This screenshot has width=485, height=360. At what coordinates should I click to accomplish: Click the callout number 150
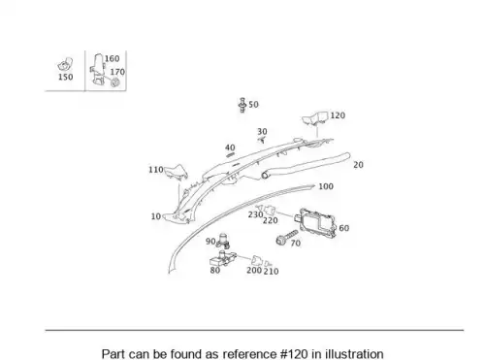pyautogui.click(x=65, y=77)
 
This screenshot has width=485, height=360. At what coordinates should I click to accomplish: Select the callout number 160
pyautogui.click(x=113, y=58)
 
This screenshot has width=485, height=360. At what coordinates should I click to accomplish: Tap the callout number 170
pyautogui.click(x=117, y=72)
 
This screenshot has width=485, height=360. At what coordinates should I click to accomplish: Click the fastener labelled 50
pyautogui.click(x=242, y=105)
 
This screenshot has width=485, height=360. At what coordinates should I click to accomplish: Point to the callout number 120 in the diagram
pyautogui.click(x=338, y=115)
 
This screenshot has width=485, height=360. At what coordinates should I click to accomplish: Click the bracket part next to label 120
pyautogui.click(x=315, y=117)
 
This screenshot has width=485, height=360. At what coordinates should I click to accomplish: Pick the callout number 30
pyautogui.click(x=262, y=132)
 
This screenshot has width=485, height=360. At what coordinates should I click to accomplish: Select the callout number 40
pyautogui.click(x=230, y=147)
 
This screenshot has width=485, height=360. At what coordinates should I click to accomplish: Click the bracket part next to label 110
pyautogui.click(x=176, y=172)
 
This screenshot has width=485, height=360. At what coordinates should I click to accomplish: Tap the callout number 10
pyautogui.click(x=156, y=216)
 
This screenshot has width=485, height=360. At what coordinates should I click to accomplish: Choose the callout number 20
pyautogui.click(x=358, y=165)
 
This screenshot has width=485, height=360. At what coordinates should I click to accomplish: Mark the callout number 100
pyautogui.click(x=326, y=186)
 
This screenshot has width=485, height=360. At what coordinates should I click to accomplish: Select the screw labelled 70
pyautogui.click(x=286, y=238)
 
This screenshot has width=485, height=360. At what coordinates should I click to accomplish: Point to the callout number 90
pyautogui.click(x=210, y=242)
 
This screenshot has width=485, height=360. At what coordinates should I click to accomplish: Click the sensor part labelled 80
pyautogui.click(x=223, y=258)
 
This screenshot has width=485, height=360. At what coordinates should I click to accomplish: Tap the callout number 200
pyautogui.click(x=254, y=270)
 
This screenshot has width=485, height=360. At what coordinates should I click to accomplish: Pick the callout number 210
pyautogui.click(x=271, y=271)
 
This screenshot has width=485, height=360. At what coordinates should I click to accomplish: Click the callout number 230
pyautogui.click(x=255, y=214)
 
